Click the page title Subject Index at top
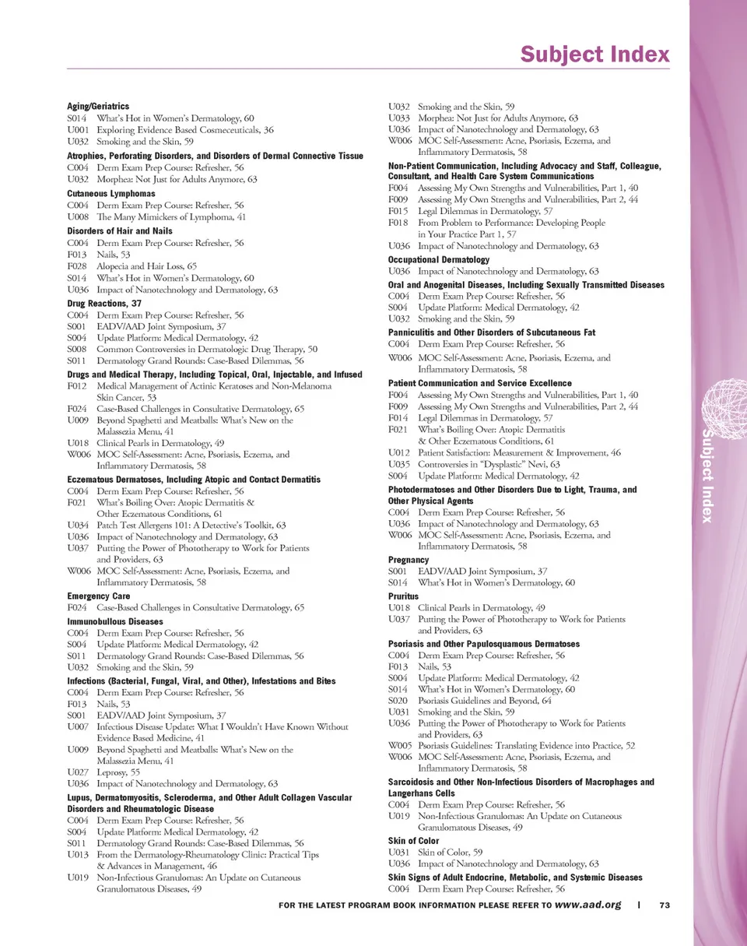(594, 55)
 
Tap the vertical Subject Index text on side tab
(707, 475)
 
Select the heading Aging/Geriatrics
(98, 106)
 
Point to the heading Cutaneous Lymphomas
(111, 193)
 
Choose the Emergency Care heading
(99, 596)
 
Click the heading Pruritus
(404, 595)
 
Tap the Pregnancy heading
(409, 560)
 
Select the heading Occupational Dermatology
(439, 259)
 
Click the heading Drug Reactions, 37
(104, 302)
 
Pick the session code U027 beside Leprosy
(78, 772)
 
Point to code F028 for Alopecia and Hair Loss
(78, 266)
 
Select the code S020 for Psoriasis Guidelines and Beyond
(398, 701)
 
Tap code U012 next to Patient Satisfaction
(398, 452)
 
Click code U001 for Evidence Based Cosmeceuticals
(78, 130)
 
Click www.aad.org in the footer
(588, 906)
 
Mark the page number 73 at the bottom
(665, 906)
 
